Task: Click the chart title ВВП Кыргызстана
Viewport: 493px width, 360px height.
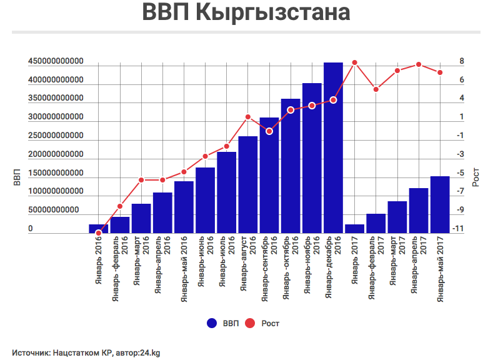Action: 246,13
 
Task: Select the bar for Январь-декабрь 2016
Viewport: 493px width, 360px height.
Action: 333,147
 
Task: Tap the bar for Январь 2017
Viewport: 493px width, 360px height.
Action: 354,229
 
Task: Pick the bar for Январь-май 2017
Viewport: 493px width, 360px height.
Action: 440,205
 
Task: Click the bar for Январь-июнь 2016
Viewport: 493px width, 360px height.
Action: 206,201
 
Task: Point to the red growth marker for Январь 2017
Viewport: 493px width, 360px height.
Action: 354,62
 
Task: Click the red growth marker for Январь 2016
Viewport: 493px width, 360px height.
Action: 99,233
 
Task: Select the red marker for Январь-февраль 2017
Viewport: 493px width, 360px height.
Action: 376,89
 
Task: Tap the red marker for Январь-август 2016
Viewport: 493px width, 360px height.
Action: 248,117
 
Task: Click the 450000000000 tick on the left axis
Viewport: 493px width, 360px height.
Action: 56,62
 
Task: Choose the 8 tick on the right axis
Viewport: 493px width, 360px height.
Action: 461,62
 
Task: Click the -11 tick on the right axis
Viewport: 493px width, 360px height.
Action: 459,229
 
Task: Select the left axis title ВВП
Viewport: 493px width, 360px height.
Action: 17,177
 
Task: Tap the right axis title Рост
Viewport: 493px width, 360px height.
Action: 476,177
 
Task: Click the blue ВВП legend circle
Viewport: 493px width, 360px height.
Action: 212,323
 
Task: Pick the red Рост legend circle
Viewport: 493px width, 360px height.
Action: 250,323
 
